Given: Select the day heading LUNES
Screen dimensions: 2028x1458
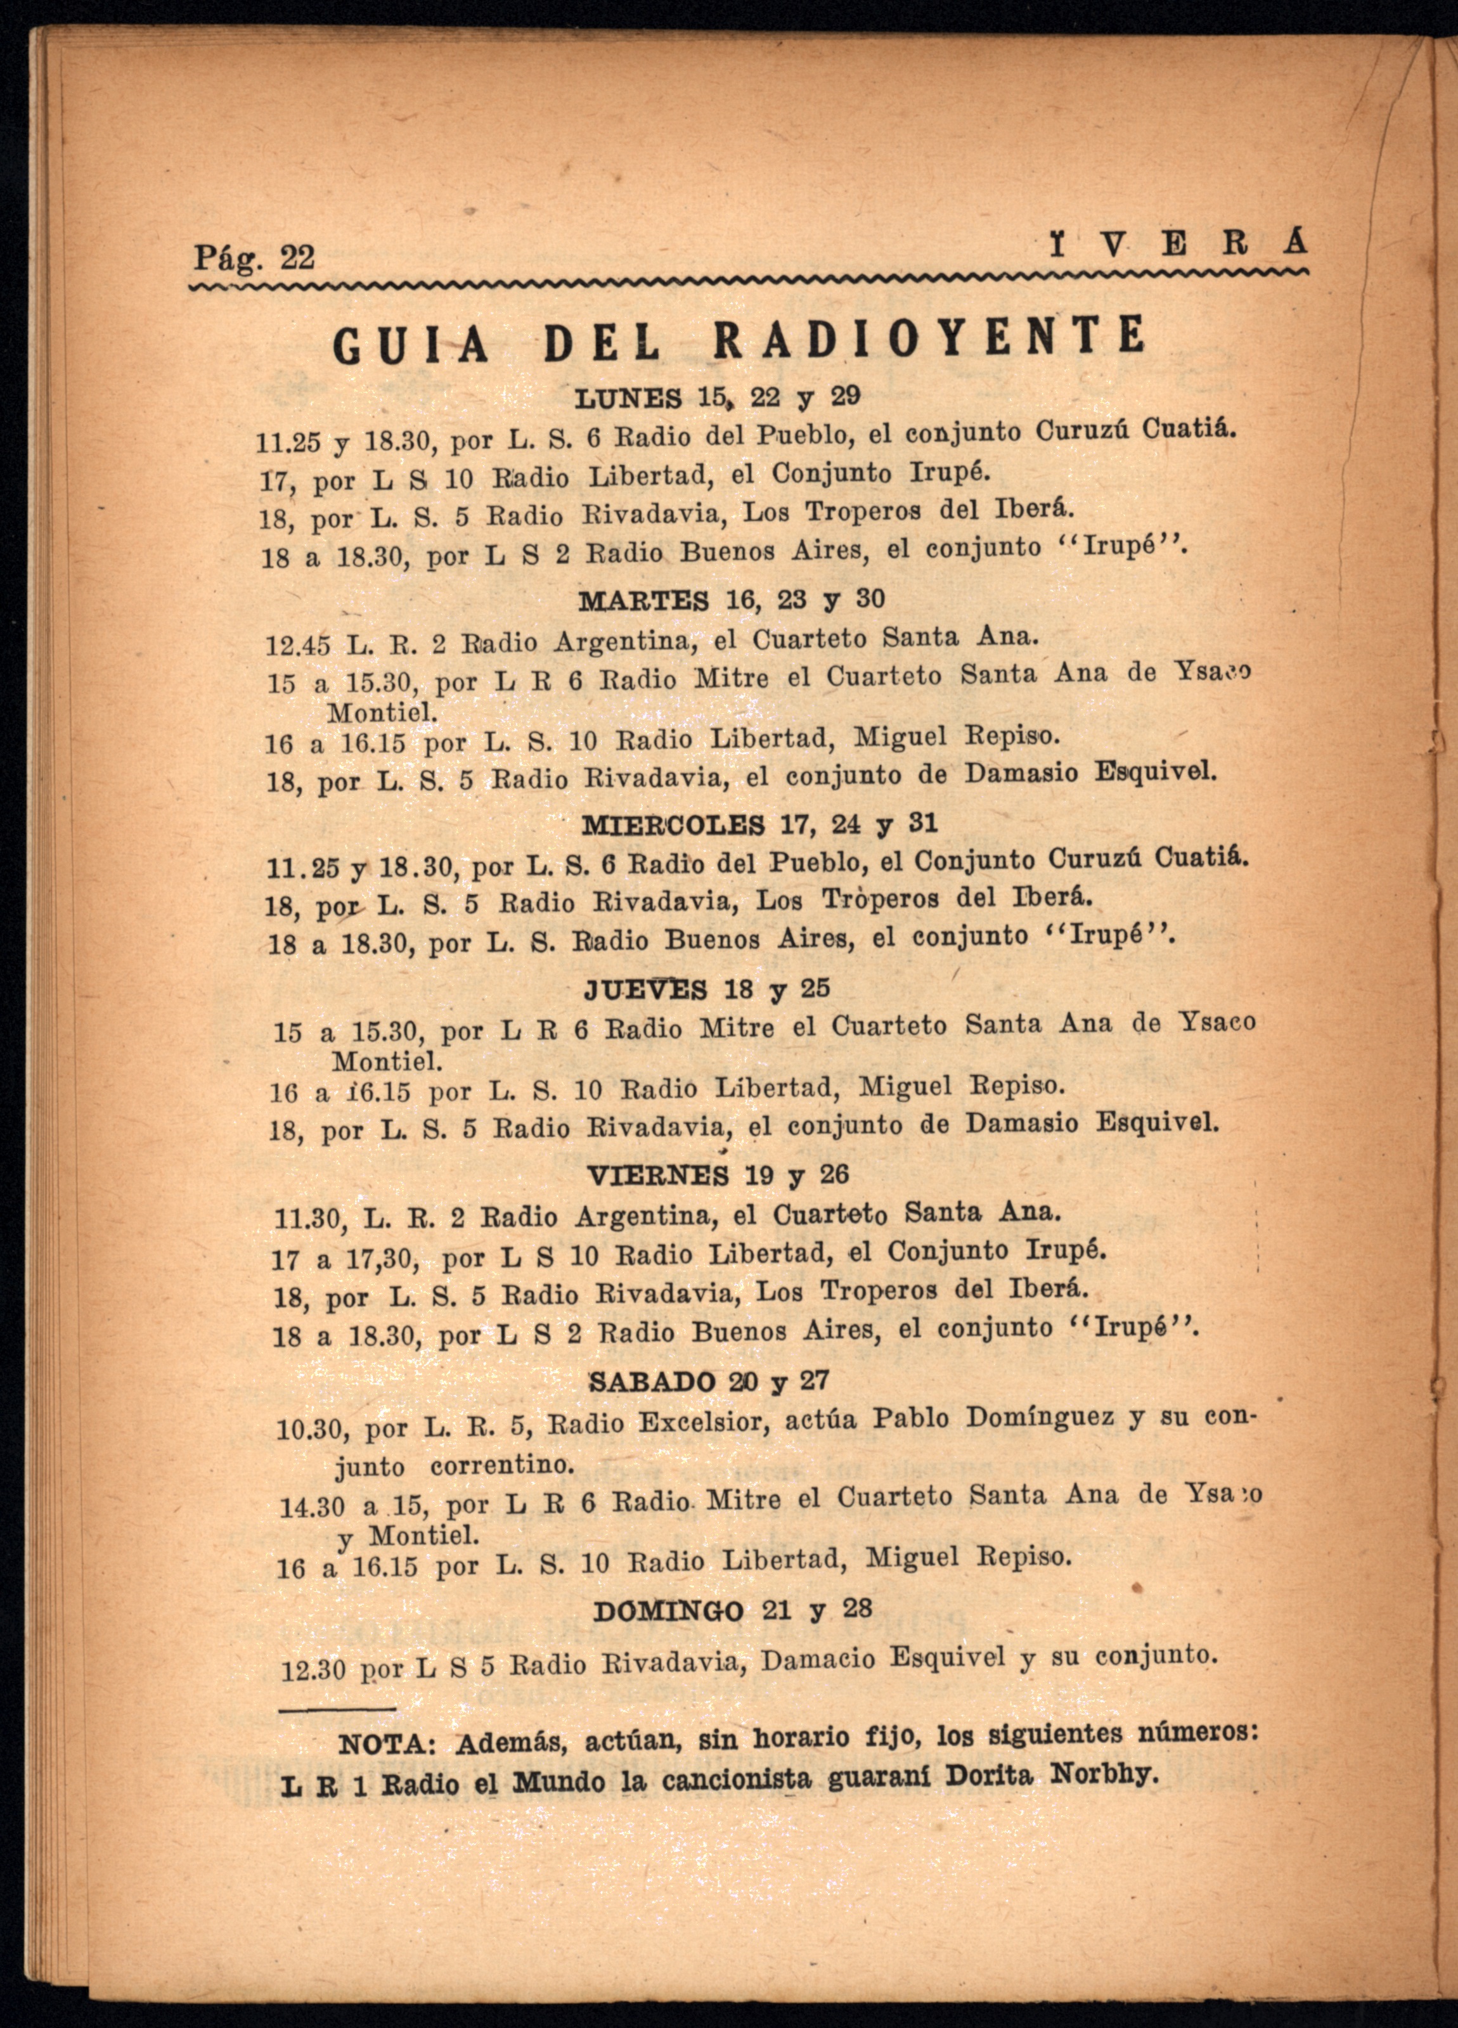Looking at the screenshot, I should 628,398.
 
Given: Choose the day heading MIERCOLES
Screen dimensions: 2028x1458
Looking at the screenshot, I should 673,823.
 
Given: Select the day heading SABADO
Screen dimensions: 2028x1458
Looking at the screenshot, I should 652,1382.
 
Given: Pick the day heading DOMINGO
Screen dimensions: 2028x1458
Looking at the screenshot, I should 668,1612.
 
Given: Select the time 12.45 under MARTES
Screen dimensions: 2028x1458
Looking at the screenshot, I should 298,644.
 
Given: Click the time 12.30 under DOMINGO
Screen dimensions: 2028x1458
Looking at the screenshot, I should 312,1671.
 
